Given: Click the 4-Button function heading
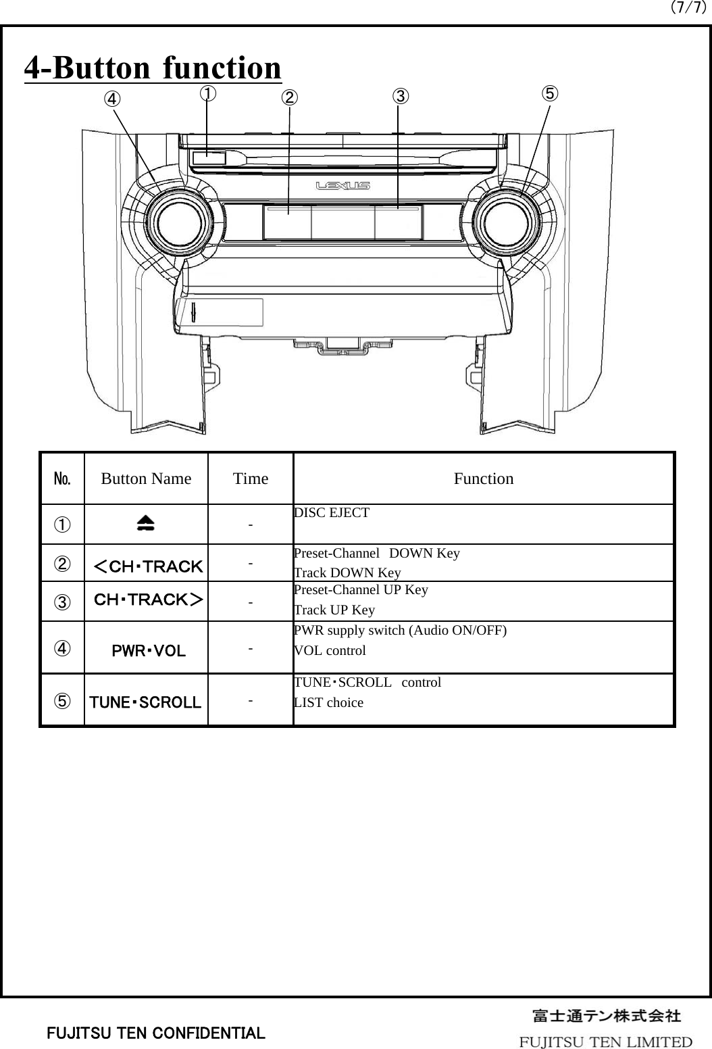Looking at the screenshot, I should coord(153,68).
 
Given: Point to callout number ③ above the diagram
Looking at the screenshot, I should coord(401,96).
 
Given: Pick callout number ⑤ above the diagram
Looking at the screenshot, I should coord(551,93).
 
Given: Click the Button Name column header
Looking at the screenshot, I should coord(146,479).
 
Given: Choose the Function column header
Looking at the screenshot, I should coord(483,479).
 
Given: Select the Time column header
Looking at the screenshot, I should coord(250,479).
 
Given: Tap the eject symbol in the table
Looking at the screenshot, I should coord(145,524).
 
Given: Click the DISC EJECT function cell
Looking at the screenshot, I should coord(332,513).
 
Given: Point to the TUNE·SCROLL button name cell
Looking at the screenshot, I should coord(146,702).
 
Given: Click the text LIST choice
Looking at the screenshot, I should coord(328,703).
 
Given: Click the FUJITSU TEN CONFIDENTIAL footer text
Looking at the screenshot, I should coord(155,1033).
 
